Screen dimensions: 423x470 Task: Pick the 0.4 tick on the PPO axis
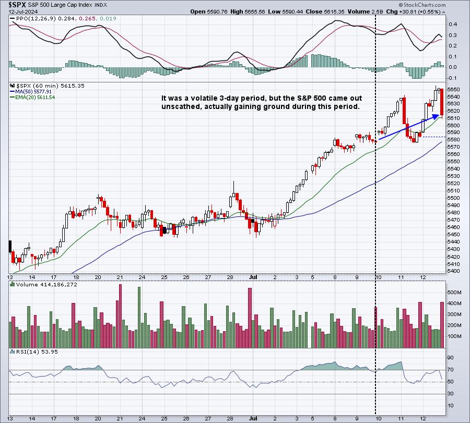pos(452,25)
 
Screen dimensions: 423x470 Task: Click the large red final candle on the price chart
pos(442,102)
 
